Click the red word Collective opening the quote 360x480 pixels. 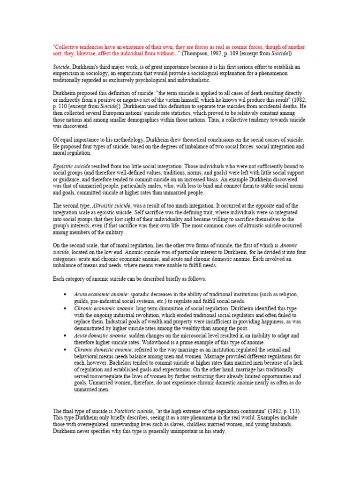coord(68,47)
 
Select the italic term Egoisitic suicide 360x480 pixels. coord(72,166)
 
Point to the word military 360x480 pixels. coord(115,232)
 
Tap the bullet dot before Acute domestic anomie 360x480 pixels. coord(64,336)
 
